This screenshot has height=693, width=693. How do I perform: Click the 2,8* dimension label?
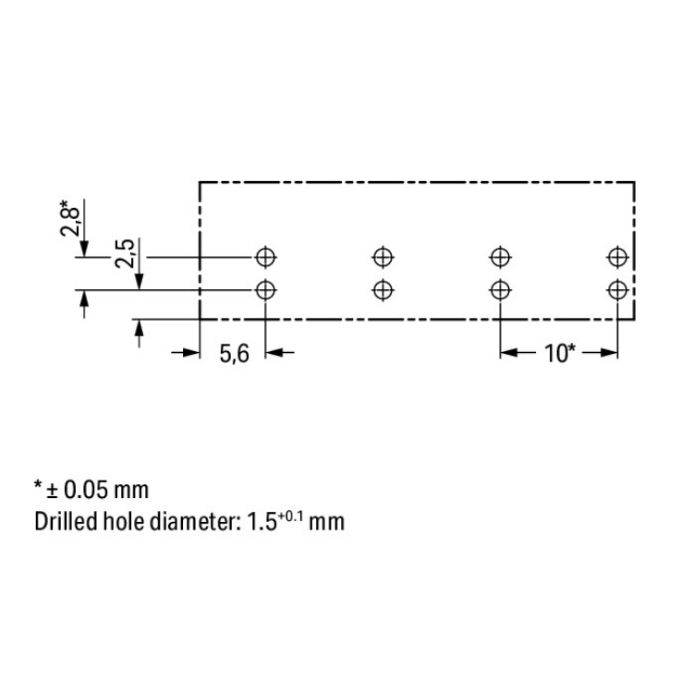click(70, 218)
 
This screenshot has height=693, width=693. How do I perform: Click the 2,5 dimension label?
click(125, 253)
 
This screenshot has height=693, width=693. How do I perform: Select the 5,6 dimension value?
click(235, 354)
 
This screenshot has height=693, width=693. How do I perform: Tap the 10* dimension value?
click(560, 354)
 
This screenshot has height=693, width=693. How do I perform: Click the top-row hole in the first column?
click(265, 257)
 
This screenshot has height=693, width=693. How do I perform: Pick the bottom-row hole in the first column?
click(265, 290)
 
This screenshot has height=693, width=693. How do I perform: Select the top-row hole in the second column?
click(383, 257)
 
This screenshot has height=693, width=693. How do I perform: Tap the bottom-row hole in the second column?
click(383, 290)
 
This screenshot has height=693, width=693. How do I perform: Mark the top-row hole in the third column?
click(500, 257)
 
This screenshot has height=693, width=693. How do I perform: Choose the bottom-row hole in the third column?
click(500, 290)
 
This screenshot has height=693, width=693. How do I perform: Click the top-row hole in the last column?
click(618, 257)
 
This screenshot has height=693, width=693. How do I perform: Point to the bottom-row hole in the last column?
click(618, 290)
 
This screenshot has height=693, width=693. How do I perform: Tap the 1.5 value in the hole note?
click(261, 522)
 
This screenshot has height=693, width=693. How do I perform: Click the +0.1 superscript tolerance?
click(290, 516)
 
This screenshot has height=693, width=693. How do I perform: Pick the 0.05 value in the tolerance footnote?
click(86, 490)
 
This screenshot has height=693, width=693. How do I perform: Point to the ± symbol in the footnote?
click(53, 491)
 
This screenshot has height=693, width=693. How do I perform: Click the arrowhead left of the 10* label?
click(509, 353)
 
